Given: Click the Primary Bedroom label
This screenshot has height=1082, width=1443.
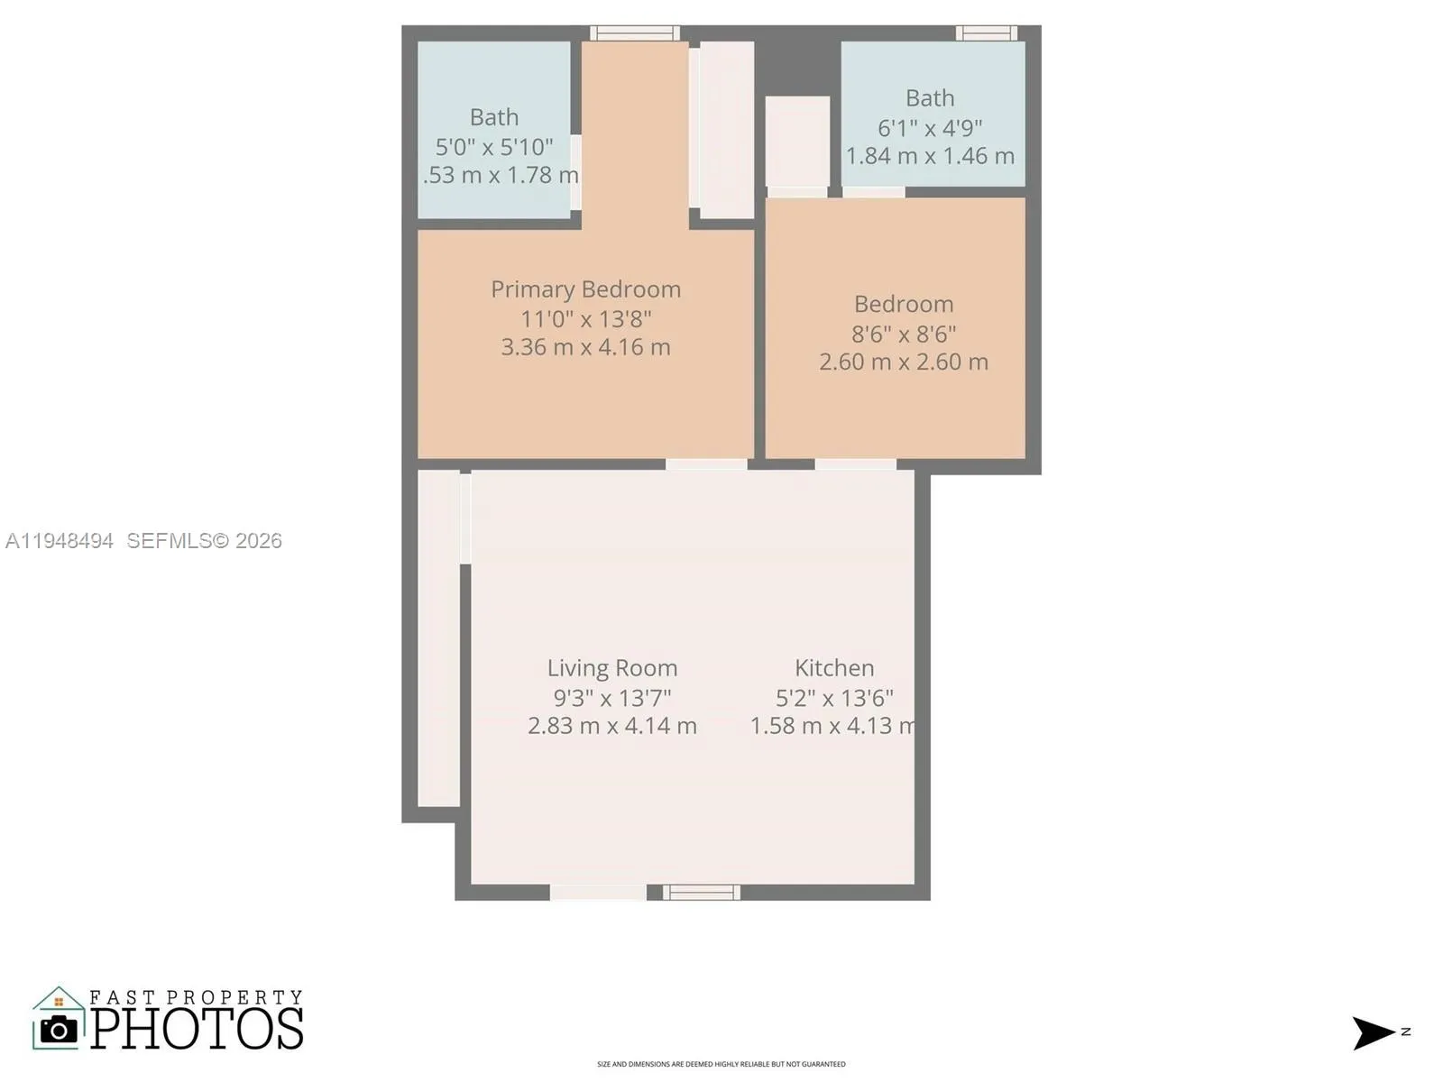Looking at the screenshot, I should point(585,289).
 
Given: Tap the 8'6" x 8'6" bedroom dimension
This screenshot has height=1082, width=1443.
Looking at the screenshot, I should point(903,335).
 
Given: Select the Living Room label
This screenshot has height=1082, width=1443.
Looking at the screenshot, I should point(611,668).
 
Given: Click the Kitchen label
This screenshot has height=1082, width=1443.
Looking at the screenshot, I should point(834,668).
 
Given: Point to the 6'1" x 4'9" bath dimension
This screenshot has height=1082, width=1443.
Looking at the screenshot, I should point(930,128).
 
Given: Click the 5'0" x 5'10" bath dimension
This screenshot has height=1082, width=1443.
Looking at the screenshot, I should point(494,147).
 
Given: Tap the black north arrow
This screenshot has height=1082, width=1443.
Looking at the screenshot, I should point(1373,1032).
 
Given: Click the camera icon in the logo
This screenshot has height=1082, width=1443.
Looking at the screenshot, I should point(60,1029).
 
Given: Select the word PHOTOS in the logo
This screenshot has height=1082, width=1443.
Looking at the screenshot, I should point(197,1029).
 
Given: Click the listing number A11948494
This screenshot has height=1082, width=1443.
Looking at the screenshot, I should point(60,541).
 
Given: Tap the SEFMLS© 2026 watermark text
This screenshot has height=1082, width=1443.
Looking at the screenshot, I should point(204,541).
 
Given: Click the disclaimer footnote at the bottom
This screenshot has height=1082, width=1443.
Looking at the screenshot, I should point(721,1065).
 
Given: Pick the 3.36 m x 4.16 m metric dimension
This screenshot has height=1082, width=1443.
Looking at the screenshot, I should point(585,347).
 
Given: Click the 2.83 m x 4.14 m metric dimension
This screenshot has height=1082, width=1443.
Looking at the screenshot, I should point(611,726).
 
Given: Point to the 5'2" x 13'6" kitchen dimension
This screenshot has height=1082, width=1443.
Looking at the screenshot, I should point(834,698).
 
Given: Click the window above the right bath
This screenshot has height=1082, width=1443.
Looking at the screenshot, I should point(986,33).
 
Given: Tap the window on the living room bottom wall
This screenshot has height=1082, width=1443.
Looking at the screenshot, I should point(702,893).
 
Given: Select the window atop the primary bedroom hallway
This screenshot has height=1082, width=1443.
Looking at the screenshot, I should point(634,33).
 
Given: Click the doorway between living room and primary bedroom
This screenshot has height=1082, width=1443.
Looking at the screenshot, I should point(706,464).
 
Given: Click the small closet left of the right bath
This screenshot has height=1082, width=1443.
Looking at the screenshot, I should point(797,142).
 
